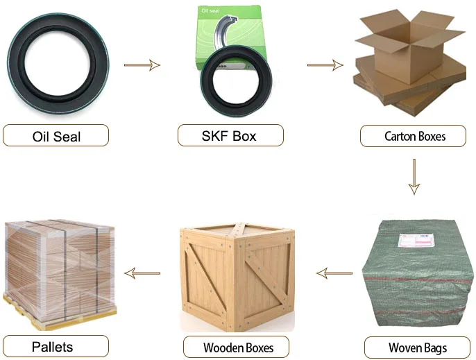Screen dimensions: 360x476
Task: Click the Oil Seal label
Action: tap(56, 135)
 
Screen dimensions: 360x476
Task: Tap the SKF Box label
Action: tap(230, 135)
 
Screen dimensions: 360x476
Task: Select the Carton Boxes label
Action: tap(415, 136)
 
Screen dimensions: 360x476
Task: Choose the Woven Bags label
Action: tap(417, 347)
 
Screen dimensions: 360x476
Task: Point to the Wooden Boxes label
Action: tap(238, 347)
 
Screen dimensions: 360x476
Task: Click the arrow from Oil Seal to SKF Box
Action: tap(142, 66)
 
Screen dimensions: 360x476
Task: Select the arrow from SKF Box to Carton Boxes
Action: tap(325, 66)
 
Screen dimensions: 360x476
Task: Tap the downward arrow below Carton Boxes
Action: tap(414, 177)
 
